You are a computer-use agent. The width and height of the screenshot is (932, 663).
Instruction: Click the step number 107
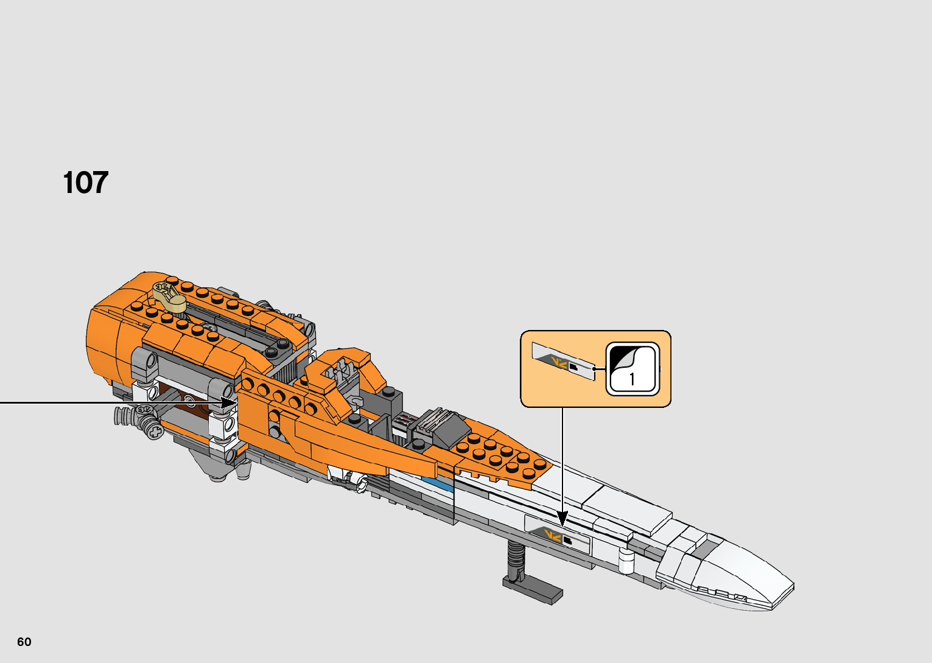pos(85,183)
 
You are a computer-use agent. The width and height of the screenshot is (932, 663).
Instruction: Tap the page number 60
pos(24,642)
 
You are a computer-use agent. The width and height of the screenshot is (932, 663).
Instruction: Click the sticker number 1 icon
pos(632,369)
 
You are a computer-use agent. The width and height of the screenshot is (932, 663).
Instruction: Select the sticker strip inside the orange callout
pos(563,362)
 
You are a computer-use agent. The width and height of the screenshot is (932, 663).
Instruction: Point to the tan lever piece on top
pos(170,296)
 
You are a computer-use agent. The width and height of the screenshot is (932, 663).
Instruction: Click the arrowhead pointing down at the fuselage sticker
pos(562,519)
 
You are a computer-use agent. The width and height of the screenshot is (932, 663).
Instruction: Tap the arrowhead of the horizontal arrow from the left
pos(229,402)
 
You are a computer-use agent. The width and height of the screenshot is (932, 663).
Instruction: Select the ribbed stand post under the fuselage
pos(515,557)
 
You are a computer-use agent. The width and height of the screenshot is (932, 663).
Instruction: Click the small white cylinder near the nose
pos(626,560)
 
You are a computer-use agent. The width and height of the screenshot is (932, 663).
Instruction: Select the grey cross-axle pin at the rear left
pos(155,432)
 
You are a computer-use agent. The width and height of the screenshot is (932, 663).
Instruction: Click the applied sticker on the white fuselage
pos(557,535)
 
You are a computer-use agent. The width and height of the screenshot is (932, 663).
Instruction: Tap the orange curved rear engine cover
pos(110,341)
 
